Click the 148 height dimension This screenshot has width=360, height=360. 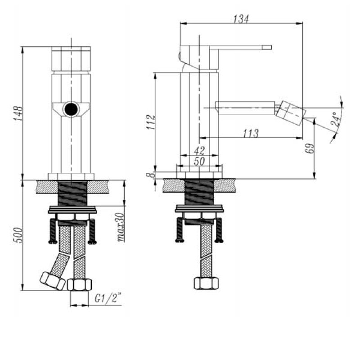coord(18,113)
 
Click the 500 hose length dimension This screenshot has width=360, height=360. coord(18,235)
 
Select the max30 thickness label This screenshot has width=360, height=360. coord(121,228)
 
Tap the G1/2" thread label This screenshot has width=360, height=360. coord(108,298)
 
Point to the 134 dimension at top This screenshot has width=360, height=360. coord(241,19)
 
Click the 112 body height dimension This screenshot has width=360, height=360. coord(151,122)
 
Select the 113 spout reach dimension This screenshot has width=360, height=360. coord(251,133)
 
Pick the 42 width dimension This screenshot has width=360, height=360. coord(199,151)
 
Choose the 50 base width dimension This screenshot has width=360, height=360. coord(199,161)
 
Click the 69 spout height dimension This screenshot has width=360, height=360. coord(310,148)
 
